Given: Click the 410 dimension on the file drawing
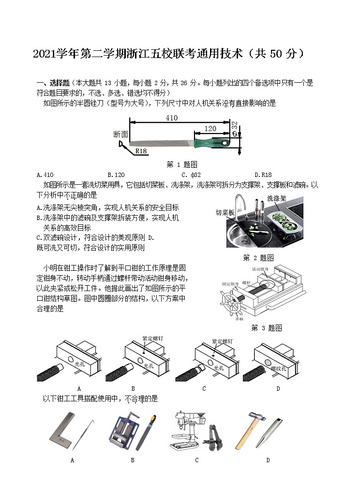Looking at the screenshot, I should [x=171, y=118].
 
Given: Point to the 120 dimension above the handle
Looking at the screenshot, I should [x=210, y=129].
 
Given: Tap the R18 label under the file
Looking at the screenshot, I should [x=141, y=151].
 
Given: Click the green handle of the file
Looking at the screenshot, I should [x=211, y=143].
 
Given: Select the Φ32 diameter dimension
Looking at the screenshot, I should [x=235, y=129].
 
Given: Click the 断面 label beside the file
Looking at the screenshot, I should [x=120, y=134].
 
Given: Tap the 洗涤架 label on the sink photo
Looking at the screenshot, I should [x=276, y=198].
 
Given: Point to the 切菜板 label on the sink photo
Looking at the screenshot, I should [x=225, y=212].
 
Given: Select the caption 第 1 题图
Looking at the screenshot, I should [x=181, y=164].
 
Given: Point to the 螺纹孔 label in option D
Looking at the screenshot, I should [x=279, y=368].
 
